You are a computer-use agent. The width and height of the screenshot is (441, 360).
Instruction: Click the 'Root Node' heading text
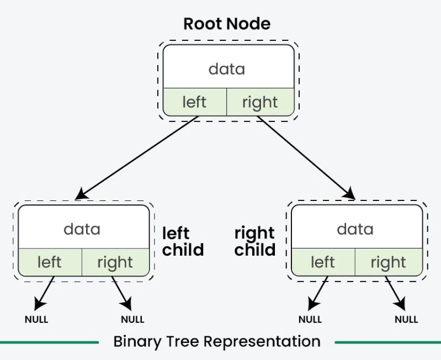tap(227, 24)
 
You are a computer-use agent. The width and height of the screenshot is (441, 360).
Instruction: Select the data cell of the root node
tap(227, 68)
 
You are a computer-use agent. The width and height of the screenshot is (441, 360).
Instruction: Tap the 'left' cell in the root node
tap(194, 102)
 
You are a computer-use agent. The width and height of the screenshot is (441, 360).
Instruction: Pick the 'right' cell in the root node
tap(260, 102)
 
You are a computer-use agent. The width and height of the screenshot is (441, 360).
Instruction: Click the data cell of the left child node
tap(82, 228)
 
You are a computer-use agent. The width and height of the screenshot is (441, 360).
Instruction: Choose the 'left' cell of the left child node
tap(50, 262)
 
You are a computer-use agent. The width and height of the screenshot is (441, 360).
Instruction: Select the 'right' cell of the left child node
tap(115, 262)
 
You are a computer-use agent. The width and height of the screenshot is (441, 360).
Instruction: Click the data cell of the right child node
tap(355, 228)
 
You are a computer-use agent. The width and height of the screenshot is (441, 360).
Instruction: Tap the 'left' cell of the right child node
tap(323, 262)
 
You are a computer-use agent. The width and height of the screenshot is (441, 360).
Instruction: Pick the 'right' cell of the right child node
tap(389, 262)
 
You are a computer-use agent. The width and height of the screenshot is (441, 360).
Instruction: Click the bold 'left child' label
tap(183, 241)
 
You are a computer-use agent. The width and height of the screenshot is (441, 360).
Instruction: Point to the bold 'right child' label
tap(255, 241)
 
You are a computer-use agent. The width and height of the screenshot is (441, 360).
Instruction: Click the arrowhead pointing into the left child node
tap(81, 194)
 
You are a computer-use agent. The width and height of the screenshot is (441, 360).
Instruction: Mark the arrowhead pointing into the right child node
tap(349, 193)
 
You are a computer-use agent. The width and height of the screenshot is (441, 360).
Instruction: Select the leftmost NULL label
tap(36, 319)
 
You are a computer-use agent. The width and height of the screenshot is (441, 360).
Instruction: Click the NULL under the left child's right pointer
tap(132, 319)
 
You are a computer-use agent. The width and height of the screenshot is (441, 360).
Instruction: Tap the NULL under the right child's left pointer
tap(310, 319)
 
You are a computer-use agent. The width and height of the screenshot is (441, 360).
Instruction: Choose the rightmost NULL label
tap(406, 319)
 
